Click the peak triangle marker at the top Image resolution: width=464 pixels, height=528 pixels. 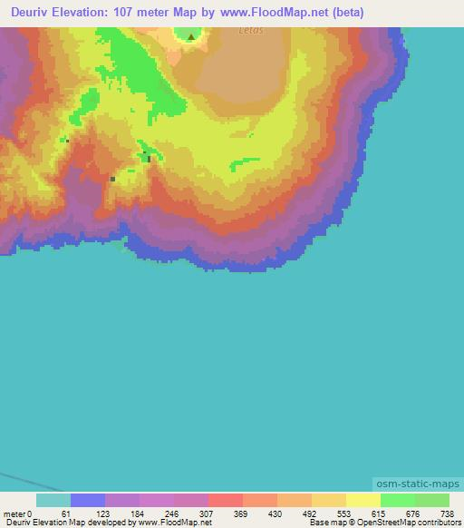click(x=190, y=37)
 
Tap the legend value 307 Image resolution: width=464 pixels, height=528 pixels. click(x=208, y=514)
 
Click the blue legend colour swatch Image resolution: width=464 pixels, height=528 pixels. click(x=88, y=500)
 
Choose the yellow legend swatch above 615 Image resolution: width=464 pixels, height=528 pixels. click(x=363, y=500)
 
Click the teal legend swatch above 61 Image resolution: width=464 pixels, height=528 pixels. click(x=53, y=500)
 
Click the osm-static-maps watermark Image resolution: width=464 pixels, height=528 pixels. click(x=417, y=484)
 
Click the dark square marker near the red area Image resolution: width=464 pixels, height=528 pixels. click(x=112, y=179)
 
